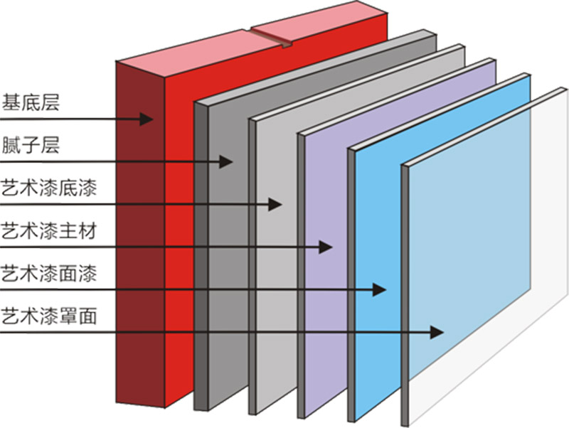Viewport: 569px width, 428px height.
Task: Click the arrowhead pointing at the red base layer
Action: click(147, 118)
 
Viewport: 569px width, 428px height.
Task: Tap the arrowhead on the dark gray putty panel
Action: click(226, 161)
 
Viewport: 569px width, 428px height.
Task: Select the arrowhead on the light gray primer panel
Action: click(276, 205)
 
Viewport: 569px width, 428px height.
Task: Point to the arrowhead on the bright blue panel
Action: click(378, 289)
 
